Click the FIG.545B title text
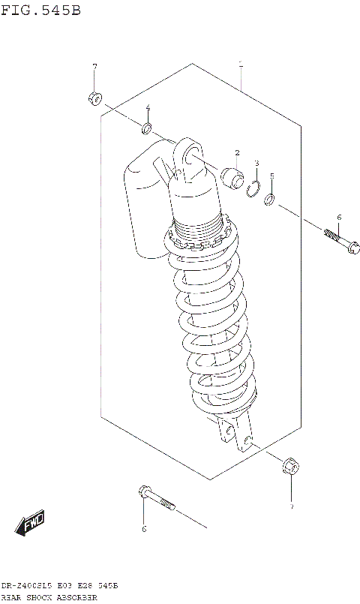coord(40,10)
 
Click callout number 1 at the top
coord(240,65)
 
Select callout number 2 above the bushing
coord(236,153)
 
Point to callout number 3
coord(256,163)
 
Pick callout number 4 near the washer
coord(148,107)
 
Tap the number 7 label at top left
coord(94,68)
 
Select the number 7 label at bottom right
coord(292,508)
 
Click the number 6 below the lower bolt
coord(144,530)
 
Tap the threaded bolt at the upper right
coord(341,243)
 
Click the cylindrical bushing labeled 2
coord(232,179)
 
